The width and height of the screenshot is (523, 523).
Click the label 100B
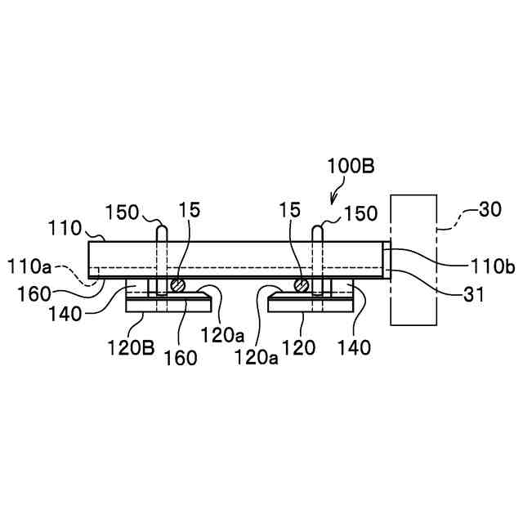(x=351, y=166)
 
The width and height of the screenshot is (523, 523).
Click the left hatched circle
(x=177, y=285)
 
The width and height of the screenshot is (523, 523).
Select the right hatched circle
(x=303, y=285)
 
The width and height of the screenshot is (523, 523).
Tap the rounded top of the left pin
(x=161, y=229)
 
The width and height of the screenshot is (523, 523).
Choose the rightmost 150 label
(x=360, y=214)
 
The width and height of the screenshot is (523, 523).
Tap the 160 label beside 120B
(x=179, y=358)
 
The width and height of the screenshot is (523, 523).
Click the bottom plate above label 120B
(x=168, y=306)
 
